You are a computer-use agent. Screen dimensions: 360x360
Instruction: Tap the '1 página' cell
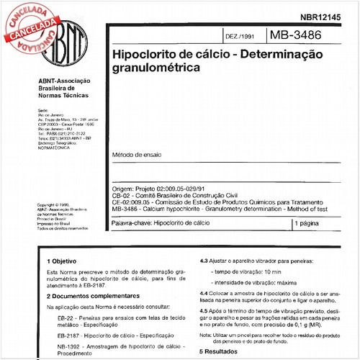click(308, 225)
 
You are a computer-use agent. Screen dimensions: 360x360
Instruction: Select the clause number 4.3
click(204, 261)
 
